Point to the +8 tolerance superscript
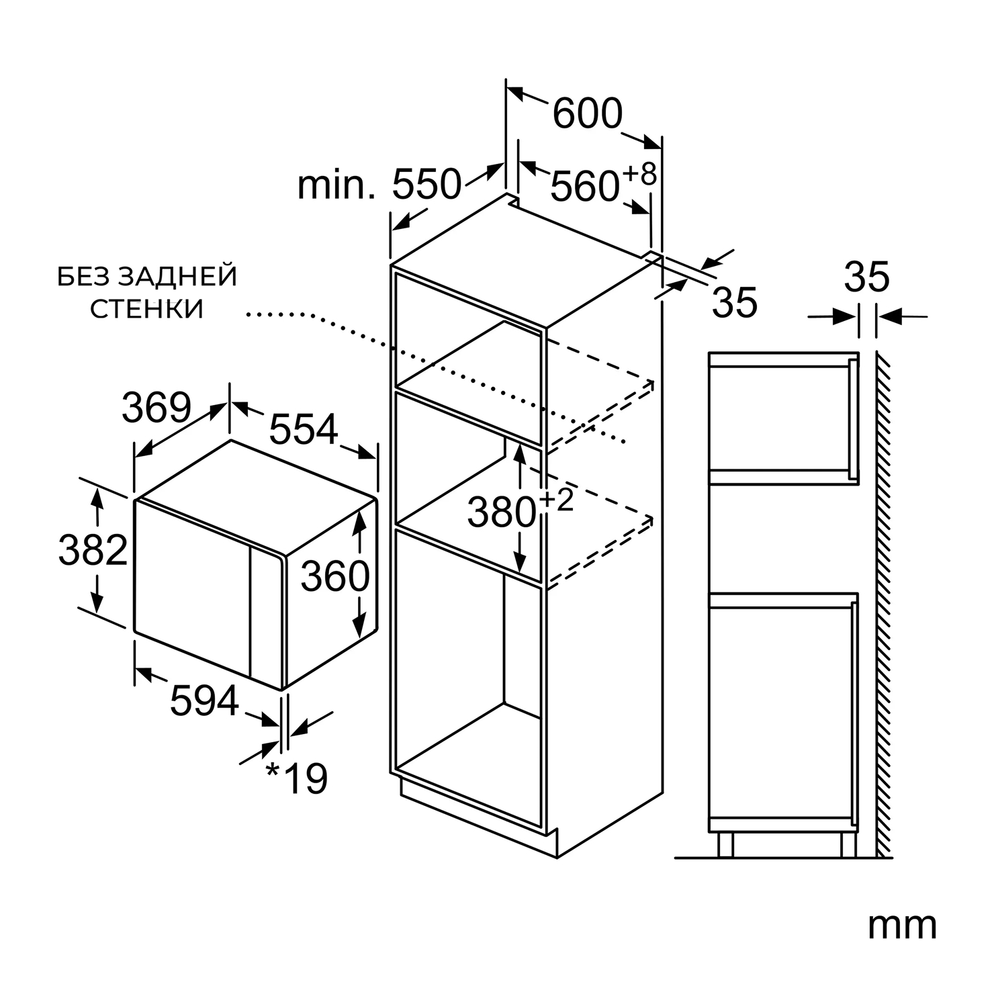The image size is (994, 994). (639, 175)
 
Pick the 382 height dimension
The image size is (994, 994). (93, 549)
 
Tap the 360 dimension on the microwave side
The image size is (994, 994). (335, 576)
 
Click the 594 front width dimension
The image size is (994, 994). (204, 701)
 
